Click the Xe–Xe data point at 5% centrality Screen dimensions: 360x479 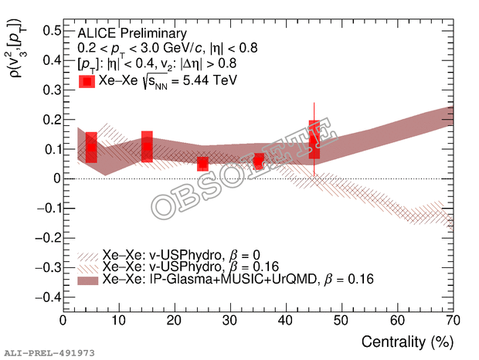[x=91, y=146]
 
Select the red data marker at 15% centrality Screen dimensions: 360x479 [x=147, y=146]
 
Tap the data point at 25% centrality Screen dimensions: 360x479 [x=202, y=164]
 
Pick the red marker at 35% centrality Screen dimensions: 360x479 [x=258, y=161]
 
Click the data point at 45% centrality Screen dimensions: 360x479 [x=314, y=141]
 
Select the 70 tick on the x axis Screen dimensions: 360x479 [x=453, y=320]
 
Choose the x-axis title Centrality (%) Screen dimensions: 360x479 [x=406, y=341]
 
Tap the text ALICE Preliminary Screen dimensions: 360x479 [x=132, y=33]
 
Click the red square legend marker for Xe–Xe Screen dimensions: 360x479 [x=87, y=80]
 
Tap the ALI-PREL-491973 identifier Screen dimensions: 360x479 [x=48, y=352]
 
